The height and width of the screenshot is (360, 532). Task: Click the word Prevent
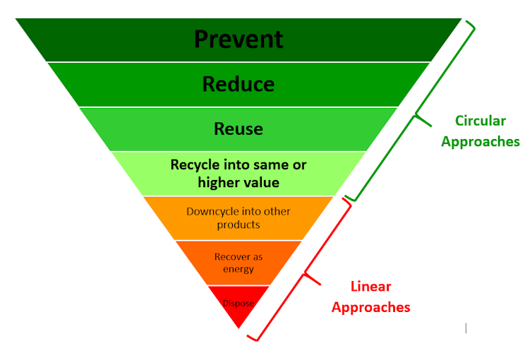[238, 38]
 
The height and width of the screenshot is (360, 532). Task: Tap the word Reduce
[238, 84]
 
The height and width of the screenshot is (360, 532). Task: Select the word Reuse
[238, 128]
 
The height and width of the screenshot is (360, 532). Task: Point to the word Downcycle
[213, 212]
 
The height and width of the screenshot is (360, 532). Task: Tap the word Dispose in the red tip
[238, 304]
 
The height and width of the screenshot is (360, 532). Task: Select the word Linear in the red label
[371, 287]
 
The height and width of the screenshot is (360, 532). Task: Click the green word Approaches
[480, 141]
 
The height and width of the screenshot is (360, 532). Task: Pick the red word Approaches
[371, 307]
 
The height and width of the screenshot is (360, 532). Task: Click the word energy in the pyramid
[238, 270]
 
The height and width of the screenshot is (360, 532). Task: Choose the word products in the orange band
[238, 225]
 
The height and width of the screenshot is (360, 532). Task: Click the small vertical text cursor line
[466, 328]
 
